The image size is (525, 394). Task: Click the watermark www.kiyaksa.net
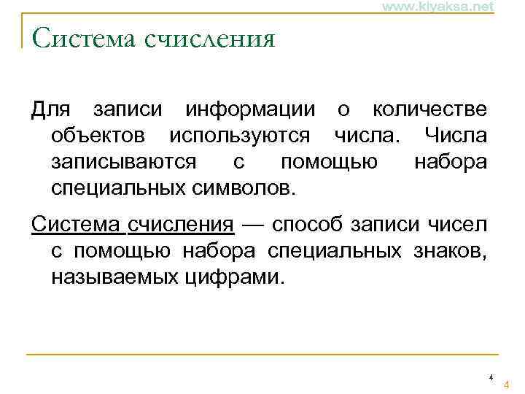coord(438,7)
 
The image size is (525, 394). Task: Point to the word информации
coord(251,110)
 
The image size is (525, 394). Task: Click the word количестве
coord(429,110)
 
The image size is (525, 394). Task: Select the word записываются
coord(123,161)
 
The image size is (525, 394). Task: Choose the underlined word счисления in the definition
coord(182,225)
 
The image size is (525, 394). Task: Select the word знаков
coord(449,250)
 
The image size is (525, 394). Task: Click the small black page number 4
coord(491,377)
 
